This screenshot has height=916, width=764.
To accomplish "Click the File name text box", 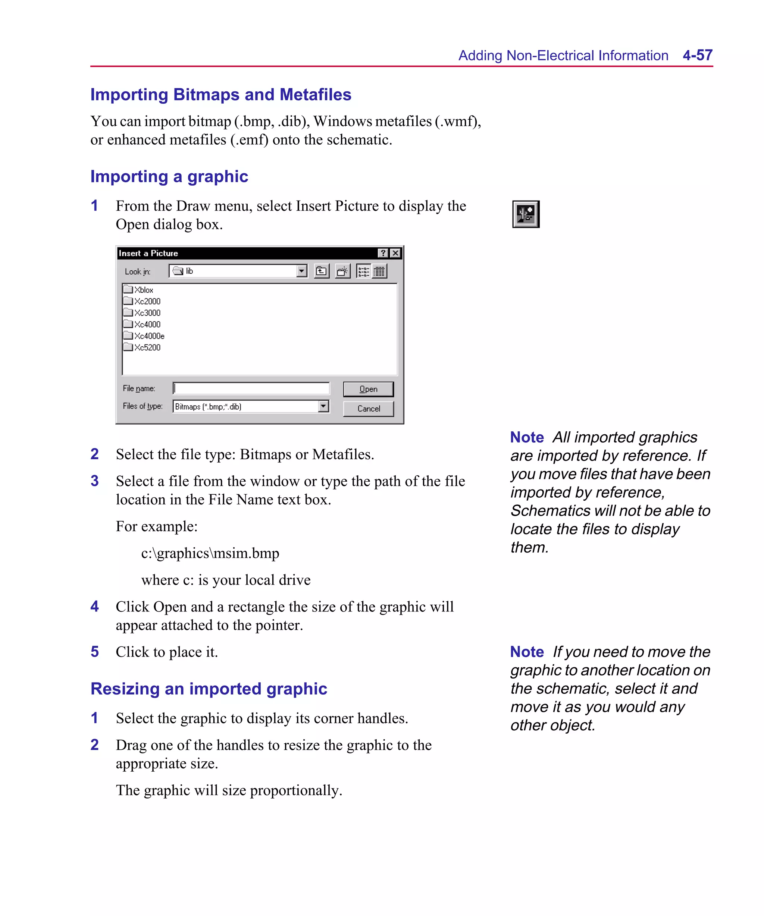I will point(251,388).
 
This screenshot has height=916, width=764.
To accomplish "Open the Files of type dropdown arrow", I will point(323,406).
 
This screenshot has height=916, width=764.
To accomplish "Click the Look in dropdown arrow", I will point(301,271).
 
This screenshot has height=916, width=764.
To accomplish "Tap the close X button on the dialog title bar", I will point(395,253).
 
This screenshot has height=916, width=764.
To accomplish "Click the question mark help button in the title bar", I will point(383,253).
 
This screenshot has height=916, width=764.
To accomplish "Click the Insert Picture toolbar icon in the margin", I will point(526,214).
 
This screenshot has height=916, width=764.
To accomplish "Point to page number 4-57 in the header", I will point(697,56).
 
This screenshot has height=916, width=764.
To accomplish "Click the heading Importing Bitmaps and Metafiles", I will point(220,95).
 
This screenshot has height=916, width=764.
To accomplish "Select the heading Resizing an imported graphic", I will point(209,689).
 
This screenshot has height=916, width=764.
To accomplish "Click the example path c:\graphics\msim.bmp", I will point(210,553).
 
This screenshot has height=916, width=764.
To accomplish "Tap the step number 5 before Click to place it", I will point(95,652).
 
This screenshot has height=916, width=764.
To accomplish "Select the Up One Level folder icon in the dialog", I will point(321,271).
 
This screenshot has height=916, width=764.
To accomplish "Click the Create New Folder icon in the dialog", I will point(343,271).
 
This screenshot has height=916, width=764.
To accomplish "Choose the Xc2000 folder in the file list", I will point(147,301).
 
